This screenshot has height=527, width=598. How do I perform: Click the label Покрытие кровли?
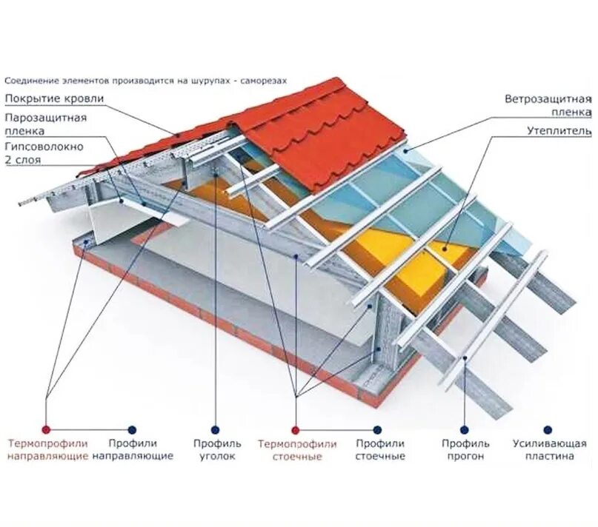(54, 98)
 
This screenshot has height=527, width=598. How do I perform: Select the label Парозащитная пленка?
(46, 124)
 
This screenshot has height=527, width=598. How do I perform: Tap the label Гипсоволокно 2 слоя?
(44, 152)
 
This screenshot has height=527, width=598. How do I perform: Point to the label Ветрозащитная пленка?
(548, 105)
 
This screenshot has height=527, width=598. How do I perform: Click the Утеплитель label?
(559, 131)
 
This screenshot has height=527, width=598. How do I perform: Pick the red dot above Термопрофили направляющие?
(46, 429)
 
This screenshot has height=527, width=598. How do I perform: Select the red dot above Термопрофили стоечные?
(295, 429)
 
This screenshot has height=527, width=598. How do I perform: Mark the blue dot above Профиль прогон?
(464, 429)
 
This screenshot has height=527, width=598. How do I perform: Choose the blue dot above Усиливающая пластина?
(548, 429)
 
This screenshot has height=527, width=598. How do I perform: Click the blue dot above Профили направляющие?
(132, 429)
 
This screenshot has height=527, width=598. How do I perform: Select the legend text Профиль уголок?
(217, 450)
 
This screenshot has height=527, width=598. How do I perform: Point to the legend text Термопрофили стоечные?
(297, 450)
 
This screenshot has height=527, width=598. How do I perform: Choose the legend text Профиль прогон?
(465, 450)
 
